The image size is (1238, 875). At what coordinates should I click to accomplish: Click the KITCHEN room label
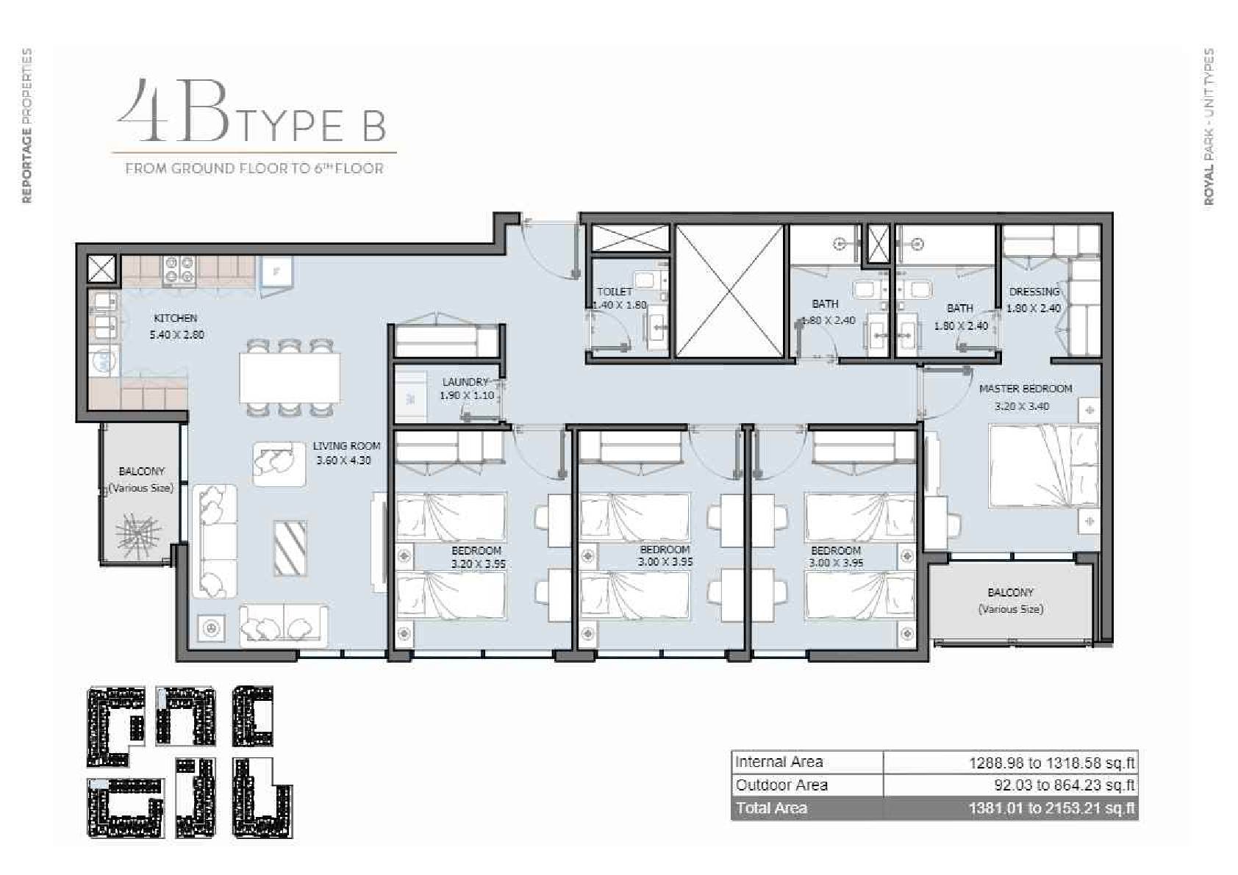[x=175, y=318]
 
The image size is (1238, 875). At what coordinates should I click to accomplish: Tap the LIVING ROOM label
[x=346, y=446]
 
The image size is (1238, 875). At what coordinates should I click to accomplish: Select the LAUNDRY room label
[x=465, y=382]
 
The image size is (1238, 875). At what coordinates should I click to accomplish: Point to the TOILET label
[x=615, y=292]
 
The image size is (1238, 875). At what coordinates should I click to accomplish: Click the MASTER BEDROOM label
[x=1026, y=389]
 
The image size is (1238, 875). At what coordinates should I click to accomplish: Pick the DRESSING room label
[x=1034, y=292]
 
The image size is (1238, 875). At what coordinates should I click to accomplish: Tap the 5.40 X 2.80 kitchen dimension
[x=177, y=335]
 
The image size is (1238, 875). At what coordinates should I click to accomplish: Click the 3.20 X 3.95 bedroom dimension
[x=478, y=564]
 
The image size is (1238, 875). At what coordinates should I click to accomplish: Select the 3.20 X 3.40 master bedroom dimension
[x=1022, y=406]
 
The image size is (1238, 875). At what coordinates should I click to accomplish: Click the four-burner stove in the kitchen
[x=179, y=270]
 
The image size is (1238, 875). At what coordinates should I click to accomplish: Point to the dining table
[x=290, y=378]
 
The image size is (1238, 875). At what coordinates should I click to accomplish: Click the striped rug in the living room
[x=290, y=547]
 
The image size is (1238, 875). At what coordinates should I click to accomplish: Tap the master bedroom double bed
[x=1043, y=465]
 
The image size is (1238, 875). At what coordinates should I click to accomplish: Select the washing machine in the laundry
[x=409, y=397]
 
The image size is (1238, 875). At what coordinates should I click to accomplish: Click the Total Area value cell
[x=1010, y=808]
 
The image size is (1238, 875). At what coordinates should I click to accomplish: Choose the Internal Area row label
[x=779, y=763]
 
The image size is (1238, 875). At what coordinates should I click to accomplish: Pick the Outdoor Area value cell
[x=1010, y=785]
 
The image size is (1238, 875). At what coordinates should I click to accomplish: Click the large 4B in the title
[x=173, y=109]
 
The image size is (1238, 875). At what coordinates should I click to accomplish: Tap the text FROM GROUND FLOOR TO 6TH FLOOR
[x=254, y=168]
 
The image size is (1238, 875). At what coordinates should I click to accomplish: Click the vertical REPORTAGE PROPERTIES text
[x=26, y=126]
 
